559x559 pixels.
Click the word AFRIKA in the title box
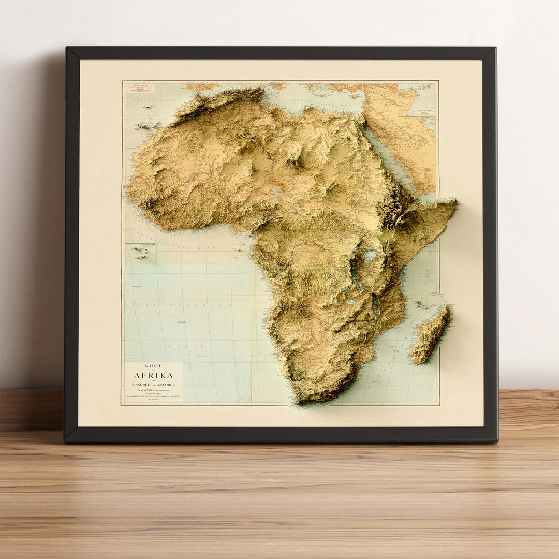(x=153, y=375)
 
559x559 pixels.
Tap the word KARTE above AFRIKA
(x=153, y=366)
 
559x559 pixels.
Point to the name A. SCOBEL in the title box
(x=167, y=384)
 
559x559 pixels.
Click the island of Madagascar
(x=431, y=335)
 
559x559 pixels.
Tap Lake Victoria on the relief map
(x=371, y=256)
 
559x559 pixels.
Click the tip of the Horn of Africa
(x=455, y=202)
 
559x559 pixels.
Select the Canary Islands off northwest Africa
(x=147, y=125)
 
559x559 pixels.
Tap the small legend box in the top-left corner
(x=140, y=87)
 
